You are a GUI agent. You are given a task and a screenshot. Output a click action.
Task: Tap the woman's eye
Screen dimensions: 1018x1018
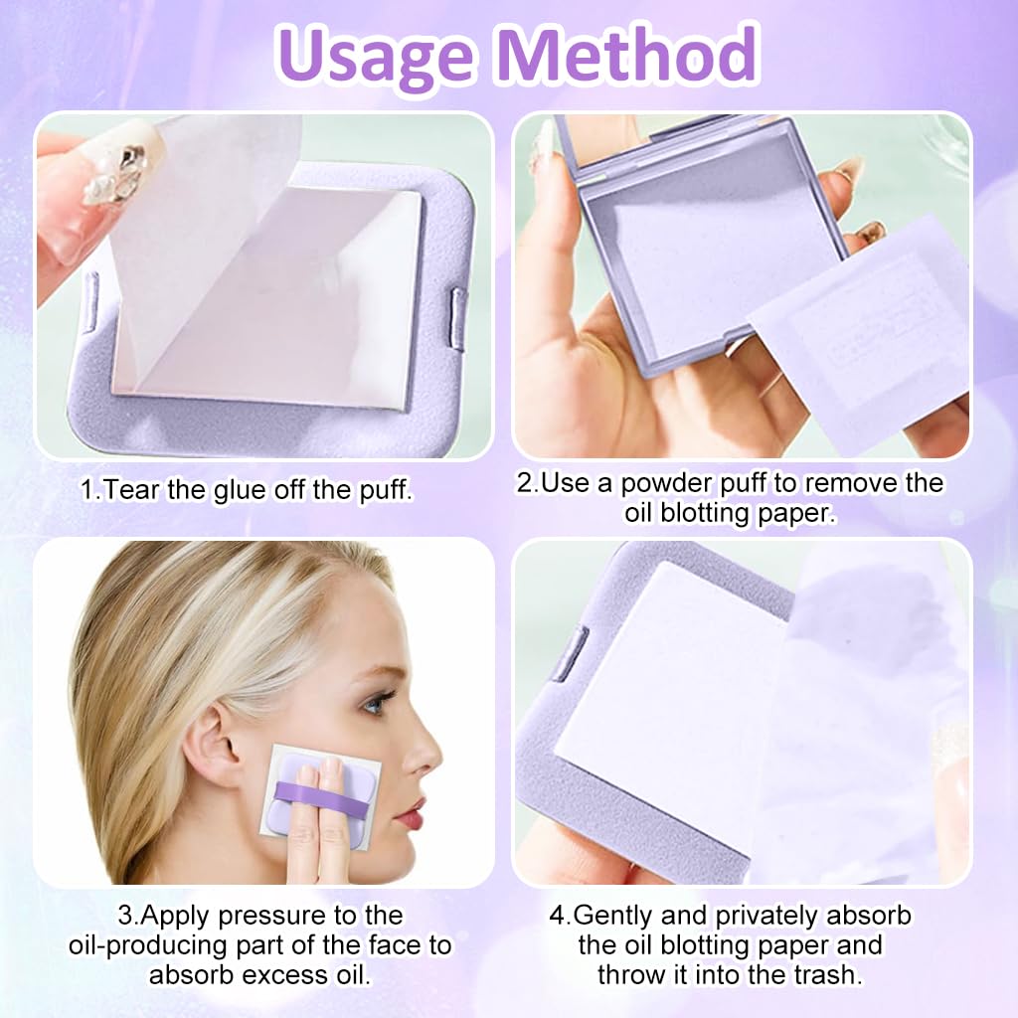[375, 704]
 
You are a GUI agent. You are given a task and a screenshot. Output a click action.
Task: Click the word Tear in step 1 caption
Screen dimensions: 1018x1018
[126, 489]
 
